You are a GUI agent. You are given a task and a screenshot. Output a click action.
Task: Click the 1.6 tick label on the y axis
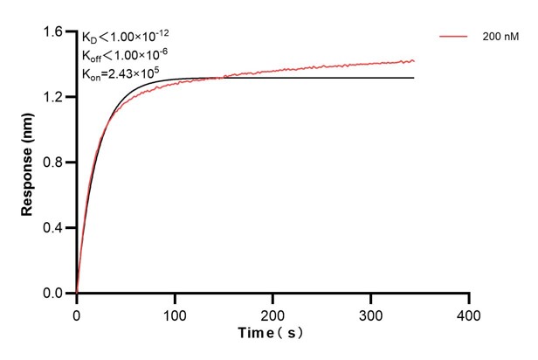pos(54,32)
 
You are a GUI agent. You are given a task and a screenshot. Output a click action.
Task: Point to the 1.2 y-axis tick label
pos(54,97)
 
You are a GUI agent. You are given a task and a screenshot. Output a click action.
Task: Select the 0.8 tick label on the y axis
pos(54,163)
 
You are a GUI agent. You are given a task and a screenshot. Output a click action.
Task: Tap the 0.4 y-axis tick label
pos(54,228)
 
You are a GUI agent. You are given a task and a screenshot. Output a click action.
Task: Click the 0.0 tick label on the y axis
pos(54,294)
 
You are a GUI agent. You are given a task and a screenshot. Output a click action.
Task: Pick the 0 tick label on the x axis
pos(77,313)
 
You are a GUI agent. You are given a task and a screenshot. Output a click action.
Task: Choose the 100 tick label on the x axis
pos(175,313)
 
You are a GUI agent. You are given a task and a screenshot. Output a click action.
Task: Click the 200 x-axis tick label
pos(273,313)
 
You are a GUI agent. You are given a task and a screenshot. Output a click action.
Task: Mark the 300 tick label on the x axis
pos(371,313)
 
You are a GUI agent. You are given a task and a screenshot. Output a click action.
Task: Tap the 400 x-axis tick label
pos(470,313)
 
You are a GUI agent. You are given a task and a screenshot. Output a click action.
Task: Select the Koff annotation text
pos(124,55)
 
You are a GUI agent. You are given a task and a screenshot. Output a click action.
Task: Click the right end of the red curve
pos(414,60)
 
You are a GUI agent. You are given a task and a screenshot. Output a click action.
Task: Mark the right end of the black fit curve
pos(414,78)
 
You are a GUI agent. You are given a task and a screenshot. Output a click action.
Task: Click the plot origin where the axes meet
pos(77,294)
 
